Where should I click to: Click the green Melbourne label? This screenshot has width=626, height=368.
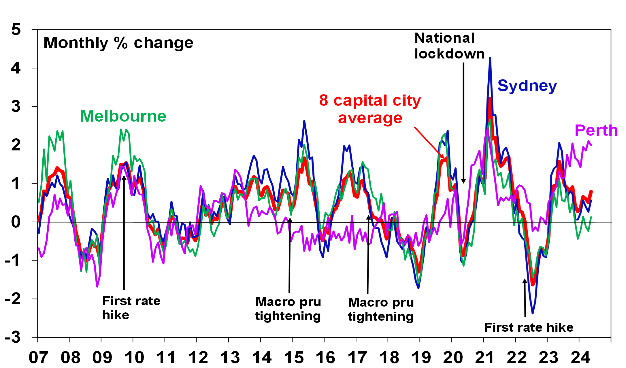123,116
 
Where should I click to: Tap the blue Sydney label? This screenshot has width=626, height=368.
527,86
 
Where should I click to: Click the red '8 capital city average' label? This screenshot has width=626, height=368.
370,109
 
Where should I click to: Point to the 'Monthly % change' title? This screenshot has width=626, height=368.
118,43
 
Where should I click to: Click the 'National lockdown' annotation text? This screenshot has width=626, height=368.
449,46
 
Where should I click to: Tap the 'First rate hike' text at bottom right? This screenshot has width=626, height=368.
529,327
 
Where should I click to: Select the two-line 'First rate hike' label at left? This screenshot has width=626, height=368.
131,308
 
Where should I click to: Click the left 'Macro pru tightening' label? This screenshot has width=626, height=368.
288,309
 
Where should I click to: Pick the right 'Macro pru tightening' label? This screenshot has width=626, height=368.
381,309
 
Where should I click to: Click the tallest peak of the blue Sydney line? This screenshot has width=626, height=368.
490,58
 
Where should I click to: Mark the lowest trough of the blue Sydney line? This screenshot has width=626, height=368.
532,313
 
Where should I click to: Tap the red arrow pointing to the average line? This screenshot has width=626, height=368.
429,143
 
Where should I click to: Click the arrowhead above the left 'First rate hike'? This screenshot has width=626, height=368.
124,178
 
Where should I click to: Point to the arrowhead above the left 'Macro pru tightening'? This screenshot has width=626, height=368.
290,220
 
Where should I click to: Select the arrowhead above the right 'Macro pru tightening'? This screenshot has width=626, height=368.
369,217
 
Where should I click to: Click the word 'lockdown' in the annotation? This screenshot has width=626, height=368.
449,54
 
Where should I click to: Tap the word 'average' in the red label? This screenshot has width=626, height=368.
370,118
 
